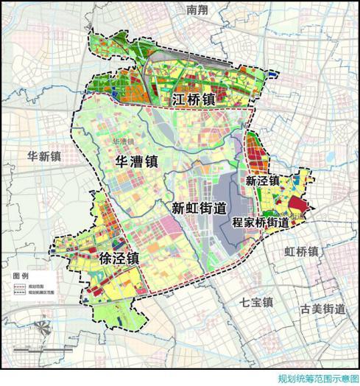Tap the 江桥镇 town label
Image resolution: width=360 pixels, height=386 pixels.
pyautogui.click(x=194, y=99)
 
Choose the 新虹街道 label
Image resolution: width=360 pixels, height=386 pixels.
pyautogui.click(x=198, y=208)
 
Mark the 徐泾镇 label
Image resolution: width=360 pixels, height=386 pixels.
pyautogui.click(x=118, y=259)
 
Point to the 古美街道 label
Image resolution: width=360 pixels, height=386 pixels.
pyautogui.click(x=320, y=308)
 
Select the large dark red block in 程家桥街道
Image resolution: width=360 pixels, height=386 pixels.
pyautogui.click(x=296, y=206)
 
